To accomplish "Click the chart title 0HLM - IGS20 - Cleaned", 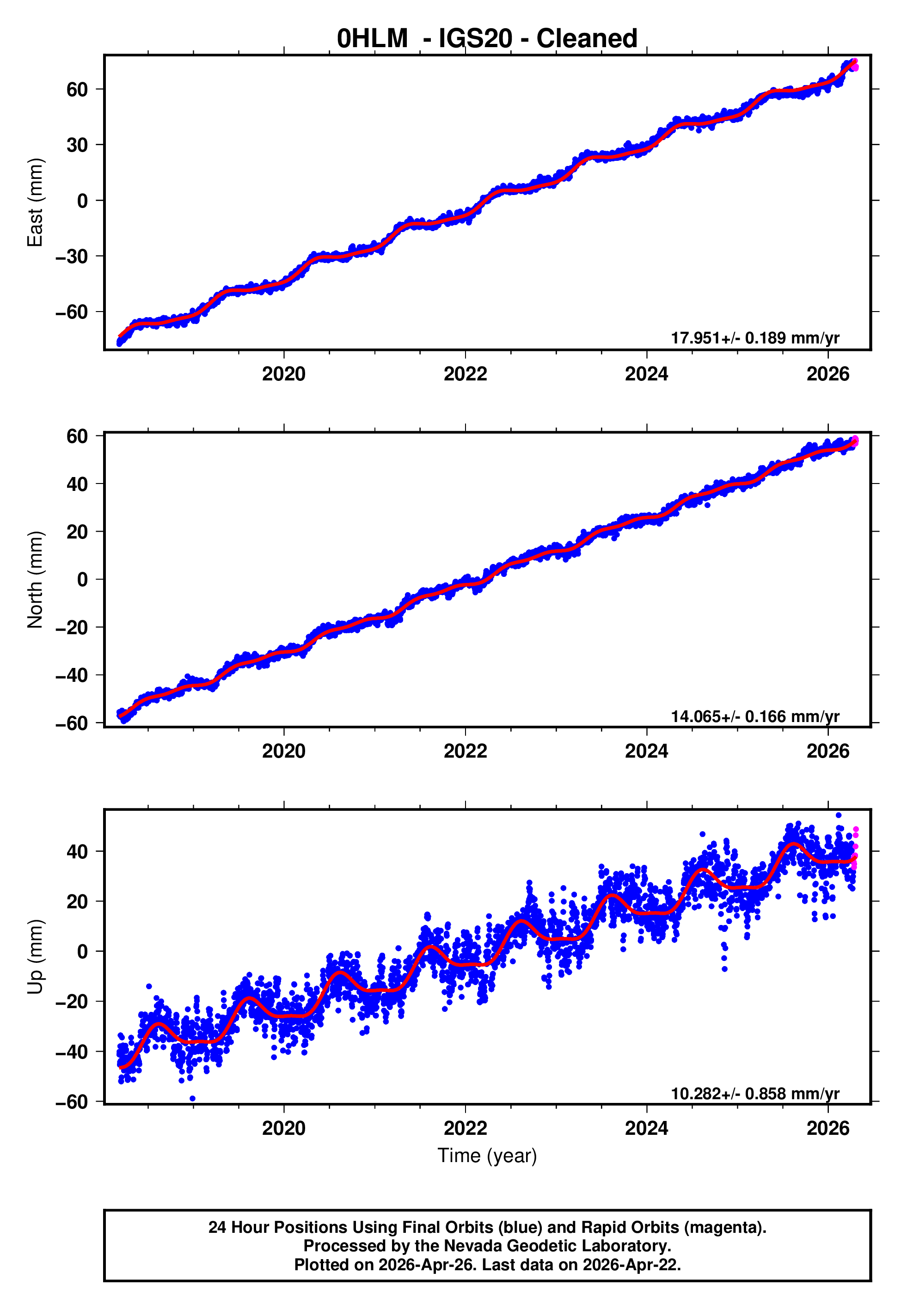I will (x=487, y=39).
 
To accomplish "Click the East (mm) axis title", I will (x=35, y=202).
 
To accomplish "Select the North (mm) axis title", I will (x=35, y=580).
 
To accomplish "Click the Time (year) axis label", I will (x=487, y=1156).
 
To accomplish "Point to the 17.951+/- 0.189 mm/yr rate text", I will (x=755, y=338).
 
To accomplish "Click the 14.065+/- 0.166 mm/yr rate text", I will (x=755, y=716).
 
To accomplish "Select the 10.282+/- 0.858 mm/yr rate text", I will (x=755, y=1094).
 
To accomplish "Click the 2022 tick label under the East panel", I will (x=465, y=374).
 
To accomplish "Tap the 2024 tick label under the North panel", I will (x=646, y=751).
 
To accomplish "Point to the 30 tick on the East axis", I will (x=77, y=145).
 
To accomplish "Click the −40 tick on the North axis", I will (x=72, y=675).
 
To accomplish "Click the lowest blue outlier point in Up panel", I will (x=193, y=1099).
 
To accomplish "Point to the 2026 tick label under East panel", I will (x=827, y=374).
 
